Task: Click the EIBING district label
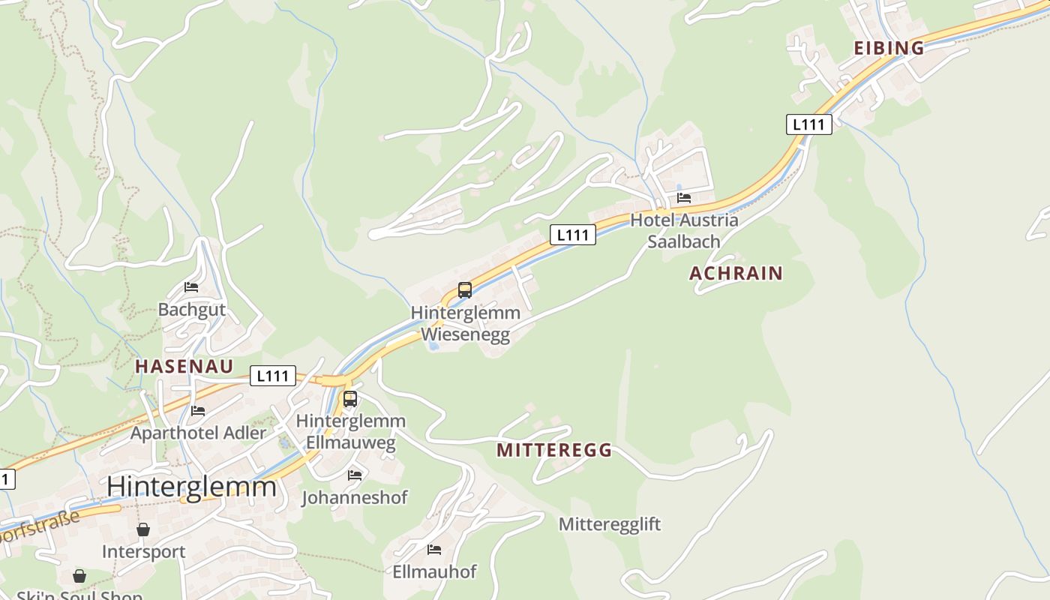coord(889,48)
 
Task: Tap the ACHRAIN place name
coord(736,273)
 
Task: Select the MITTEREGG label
coord(554,450)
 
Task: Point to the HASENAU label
coord(184,366)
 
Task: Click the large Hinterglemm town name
coord(191,487)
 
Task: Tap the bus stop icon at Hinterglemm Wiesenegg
coord(465,290)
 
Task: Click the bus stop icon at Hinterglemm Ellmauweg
coord(350,399)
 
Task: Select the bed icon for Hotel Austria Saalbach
coord(684,198)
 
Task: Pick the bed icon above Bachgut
coord(191,286)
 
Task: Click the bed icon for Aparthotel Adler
coord(198,411)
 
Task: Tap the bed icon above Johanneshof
coord(355,475)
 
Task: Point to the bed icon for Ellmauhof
coord(434,550)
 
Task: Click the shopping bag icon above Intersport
coord(143,529)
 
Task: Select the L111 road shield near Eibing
coord(809,124)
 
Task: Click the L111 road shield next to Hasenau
coord(272,376)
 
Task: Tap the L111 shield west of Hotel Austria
coord(573,235)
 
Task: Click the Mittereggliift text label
coord(609,524)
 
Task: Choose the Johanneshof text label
coord(355,497)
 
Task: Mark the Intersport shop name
coord(143,552)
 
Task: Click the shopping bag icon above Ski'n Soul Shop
coord(79,576)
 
